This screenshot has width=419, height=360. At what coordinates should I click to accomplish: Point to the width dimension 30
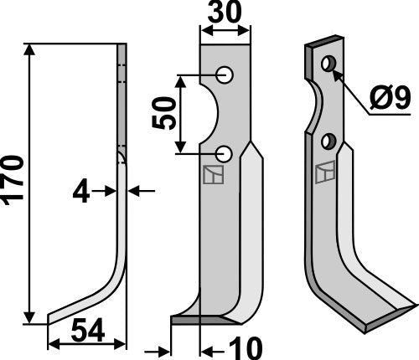(225, 15)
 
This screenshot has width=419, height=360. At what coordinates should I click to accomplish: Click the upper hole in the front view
(225, 75)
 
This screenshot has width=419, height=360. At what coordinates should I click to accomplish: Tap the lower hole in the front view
(225, 153)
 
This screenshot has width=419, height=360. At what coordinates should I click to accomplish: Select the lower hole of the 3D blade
(328, 139)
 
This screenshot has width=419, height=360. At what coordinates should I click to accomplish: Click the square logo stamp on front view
(213, 174)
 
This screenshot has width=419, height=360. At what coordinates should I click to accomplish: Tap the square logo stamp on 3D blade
(323, 173)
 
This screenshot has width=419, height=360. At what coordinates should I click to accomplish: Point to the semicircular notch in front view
(209, 115)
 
